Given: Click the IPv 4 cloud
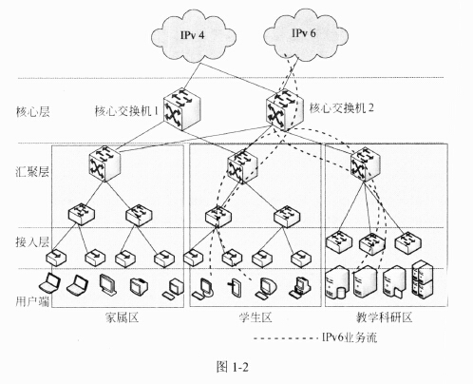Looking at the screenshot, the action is coord(194,37).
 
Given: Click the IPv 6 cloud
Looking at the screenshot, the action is coord(305,35).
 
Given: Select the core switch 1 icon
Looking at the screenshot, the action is coord(182,108).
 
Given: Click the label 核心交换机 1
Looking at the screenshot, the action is coord(126,110).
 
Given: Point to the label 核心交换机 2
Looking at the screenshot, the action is coord(342,108).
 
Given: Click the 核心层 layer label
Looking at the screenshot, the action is coord(32,112).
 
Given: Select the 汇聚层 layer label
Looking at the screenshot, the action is coord(32,172).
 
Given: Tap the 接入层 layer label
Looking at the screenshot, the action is coord(32,241).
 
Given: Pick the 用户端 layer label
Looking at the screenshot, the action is coord(32,301).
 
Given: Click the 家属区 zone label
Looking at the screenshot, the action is coord(123,317).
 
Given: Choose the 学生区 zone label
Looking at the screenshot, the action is coord(255,317).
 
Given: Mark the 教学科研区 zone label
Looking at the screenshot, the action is coord(384,317).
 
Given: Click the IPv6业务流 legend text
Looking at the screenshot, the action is coord(350,337).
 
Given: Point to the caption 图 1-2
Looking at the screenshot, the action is coord(233,367).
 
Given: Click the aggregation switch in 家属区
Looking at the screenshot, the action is coord(104,164).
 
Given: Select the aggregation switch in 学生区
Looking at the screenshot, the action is coord(242,167).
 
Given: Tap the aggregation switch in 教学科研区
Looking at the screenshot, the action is coord(366,164).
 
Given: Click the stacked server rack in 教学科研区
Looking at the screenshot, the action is coord(423,279).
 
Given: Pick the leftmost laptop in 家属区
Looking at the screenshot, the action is coord(49,282).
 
